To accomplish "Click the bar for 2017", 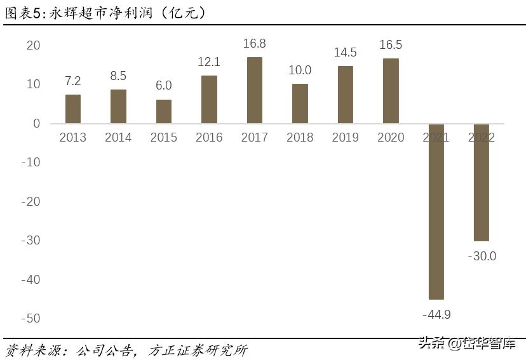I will pos(254,90).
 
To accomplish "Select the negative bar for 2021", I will pos(436,211).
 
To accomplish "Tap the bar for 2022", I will pos(481,182).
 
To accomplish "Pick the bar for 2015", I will pos(164,111).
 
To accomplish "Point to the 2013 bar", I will pos(73,109).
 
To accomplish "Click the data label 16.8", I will pos(254,44).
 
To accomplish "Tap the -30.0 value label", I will pos(482,257).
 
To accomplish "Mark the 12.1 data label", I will pos(209,62).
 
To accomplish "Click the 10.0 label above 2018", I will pos(300,70).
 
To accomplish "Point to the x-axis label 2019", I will pos(345,137).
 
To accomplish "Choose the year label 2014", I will pos(118,137).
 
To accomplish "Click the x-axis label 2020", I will pos(391,137).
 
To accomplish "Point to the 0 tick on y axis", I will pos(36,123).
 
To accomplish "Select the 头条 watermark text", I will pos(429,343).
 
